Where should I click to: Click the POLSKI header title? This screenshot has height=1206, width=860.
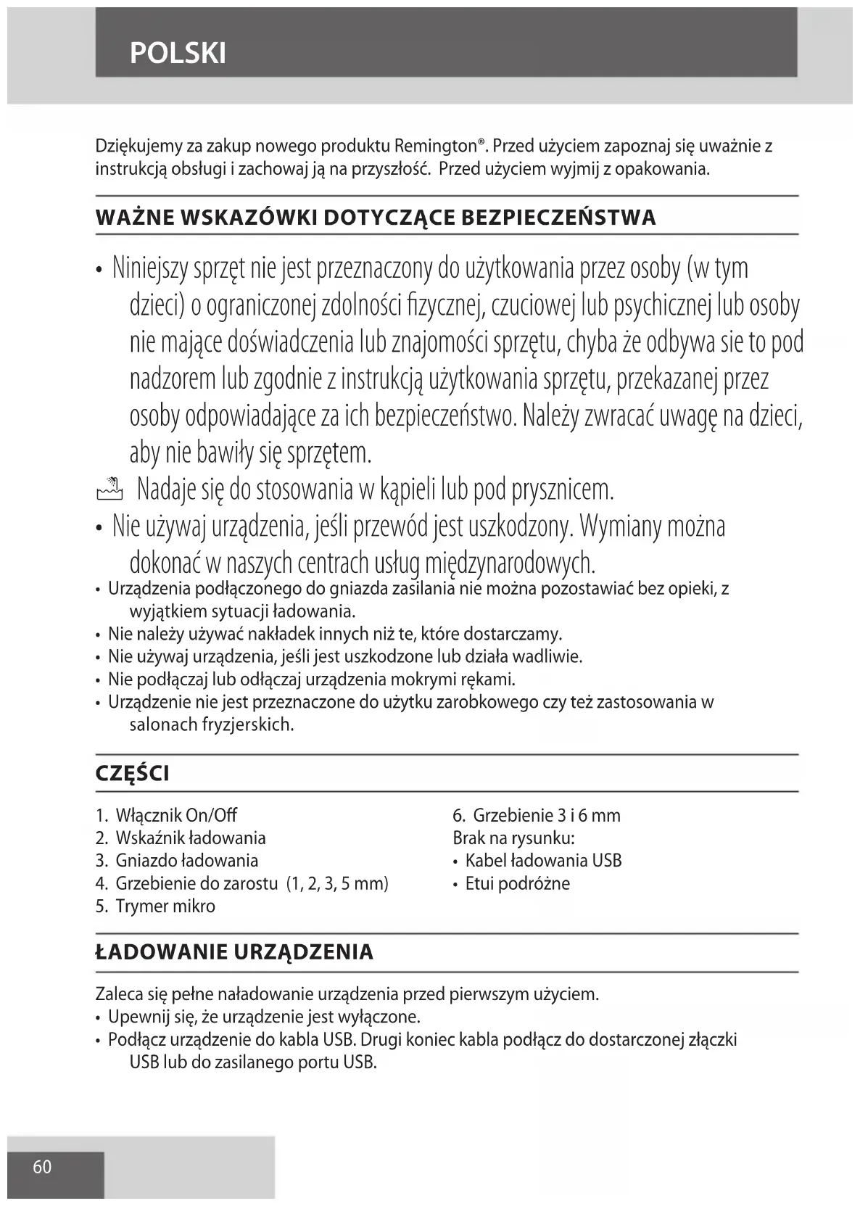tap(178, 53)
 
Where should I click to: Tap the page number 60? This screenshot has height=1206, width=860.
tap(43, 1167)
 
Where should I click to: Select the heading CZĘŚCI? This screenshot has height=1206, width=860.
tap(133, 774)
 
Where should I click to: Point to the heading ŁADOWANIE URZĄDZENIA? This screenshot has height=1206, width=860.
tap(234, 952)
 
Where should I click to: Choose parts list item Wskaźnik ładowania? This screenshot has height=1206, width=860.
tap(190, 838)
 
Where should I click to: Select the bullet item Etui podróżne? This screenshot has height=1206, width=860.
tap(517, 883)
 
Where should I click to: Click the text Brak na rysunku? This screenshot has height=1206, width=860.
tap(513, 838)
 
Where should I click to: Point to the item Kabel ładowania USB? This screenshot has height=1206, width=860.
tap(543, 861)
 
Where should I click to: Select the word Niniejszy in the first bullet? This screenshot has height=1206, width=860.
tap(150, 269)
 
